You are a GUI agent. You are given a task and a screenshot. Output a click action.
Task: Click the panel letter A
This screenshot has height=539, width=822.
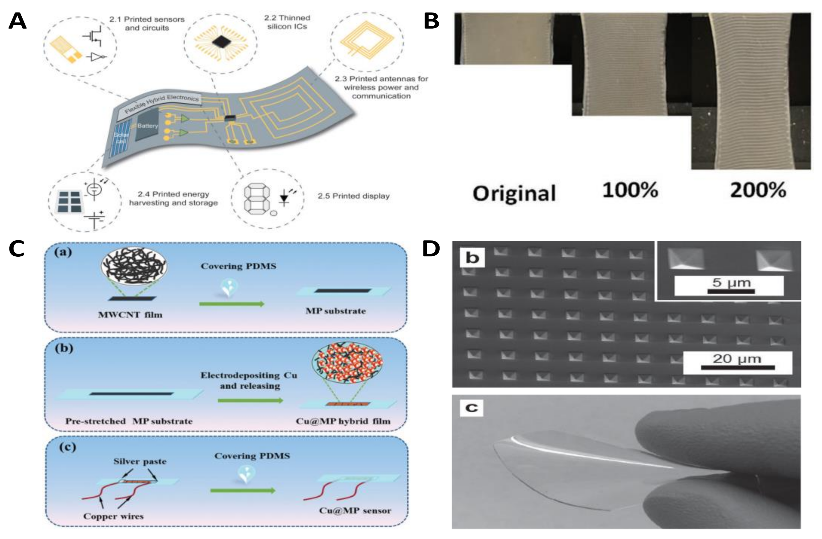17,21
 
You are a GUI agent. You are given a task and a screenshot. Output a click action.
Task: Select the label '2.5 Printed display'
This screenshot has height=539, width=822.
353,196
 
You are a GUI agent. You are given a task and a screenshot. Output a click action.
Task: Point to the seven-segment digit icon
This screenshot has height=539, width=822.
257,200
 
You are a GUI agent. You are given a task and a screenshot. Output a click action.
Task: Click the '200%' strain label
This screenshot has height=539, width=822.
758,190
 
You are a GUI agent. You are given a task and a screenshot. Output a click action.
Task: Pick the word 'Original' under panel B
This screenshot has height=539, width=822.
514,193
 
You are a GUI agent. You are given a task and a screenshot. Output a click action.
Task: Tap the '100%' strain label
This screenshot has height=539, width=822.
630,190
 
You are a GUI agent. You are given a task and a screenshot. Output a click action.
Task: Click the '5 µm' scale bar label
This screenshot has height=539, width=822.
731,283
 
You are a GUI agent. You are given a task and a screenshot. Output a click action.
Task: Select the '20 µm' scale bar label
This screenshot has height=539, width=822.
737,359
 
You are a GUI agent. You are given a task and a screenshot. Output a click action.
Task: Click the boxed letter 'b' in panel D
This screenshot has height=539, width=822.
472,258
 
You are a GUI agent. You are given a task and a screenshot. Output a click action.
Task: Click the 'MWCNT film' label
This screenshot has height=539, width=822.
130,315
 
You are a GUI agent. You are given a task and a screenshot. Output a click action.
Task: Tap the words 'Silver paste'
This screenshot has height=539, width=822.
140,462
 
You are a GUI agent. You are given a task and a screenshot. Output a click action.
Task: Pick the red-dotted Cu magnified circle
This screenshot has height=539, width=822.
347,363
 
